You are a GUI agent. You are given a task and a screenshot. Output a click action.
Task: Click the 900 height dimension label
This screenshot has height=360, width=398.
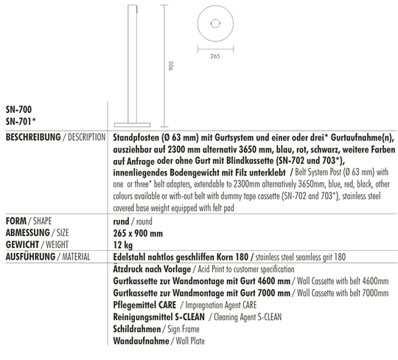pyautogui.click(x=170, y=66)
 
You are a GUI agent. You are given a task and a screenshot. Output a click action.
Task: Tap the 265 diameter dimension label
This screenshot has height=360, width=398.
pyautogui.click(x=215, y=57)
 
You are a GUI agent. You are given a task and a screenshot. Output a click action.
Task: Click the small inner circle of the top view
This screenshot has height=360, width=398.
pyautogui.click(x=215, y=23)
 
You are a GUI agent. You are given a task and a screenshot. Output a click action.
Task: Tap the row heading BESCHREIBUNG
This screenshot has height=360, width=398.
pyautogui.click(x=29, y=139)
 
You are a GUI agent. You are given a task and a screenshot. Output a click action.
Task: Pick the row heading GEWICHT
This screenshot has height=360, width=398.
pyautogui.click(x=21, y=243)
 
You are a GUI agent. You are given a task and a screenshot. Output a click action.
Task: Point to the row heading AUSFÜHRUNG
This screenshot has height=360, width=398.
pyautogui.click(x=30, y=256)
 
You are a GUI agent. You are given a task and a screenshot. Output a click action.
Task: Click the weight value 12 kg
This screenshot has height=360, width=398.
pyautogui.click(x=122, y=243)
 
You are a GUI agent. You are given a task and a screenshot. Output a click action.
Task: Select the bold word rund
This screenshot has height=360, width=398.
pyautogui.click(x=122, y=221)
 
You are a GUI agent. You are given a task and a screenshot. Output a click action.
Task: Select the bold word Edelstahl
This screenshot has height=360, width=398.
pyautogui.click(x=130, y=256)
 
